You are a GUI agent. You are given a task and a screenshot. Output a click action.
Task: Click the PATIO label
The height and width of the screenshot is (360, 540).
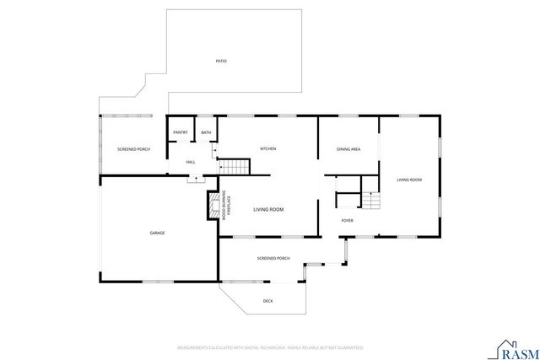point(221,61)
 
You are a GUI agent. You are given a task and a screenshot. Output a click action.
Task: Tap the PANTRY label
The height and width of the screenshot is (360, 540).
point(180,132)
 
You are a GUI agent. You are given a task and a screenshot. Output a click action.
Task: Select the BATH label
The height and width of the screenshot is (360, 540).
point(206,132)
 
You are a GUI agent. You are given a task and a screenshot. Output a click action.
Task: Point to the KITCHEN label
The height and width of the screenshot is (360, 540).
point(268,149)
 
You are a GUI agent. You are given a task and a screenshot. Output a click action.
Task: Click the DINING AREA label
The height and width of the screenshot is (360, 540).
point(348,149)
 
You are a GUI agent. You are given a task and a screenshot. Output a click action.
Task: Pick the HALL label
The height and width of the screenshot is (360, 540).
point(191,161)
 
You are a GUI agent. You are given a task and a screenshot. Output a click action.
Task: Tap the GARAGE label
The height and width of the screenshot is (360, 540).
point(157,233)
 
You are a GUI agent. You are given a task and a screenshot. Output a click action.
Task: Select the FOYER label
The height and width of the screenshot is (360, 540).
point(348,221)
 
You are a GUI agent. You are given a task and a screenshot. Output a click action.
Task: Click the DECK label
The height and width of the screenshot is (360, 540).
point(267,301)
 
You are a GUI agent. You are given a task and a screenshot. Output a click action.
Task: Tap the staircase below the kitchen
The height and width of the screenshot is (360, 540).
point(236,166)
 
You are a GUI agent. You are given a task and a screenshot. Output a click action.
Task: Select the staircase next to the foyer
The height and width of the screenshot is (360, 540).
point(371,201)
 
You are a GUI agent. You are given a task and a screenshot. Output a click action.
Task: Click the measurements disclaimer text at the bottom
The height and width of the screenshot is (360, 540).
point(269,347)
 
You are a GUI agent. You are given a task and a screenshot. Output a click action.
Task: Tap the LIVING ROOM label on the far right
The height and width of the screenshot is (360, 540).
point(409,180)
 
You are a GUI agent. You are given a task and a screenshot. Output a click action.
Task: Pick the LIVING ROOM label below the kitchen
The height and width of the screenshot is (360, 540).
point(268,209)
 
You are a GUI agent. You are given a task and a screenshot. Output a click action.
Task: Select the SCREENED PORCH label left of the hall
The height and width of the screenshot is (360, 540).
point(132,149)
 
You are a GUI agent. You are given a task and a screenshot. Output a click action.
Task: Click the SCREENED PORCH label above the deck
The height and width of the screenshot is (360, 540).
point(273,258)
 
